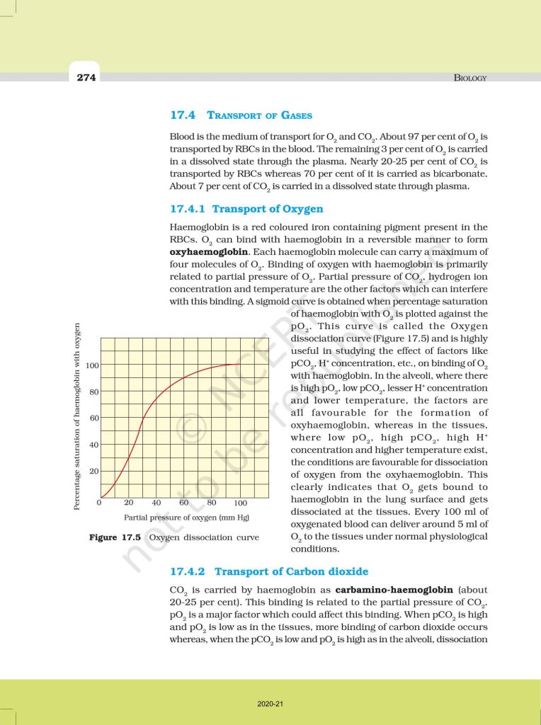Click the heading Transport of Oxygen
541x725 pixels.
coord(268,209)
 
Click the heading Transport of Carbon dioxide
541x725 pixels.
coord(291,571)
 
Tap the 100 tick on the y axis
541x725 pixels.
coord(92,365)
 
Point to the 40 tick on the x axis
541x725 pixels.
coord(156,503)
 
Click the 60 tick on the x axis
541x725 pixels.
coord(184,503)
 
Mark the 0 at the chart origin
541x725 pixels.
coord(100,503)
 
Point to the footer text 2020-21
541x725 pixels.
coord(270,704)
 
